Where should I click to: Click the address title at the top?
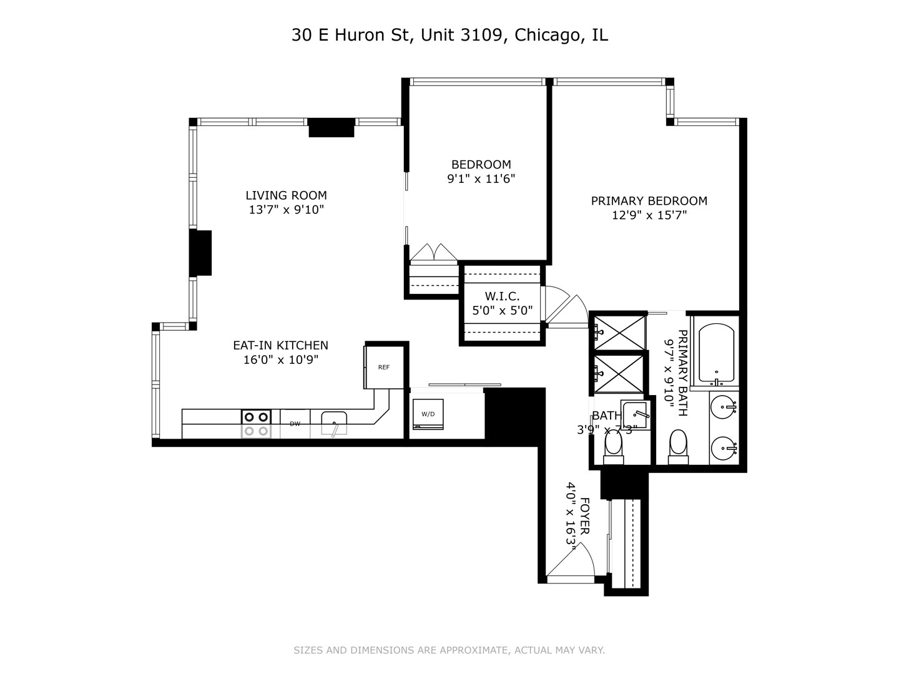[x=449, y=35]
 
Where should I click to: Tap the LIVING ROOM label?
[x=286, y=195]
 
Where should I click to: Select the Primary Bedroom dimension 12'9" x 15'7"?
[x=649, y=215]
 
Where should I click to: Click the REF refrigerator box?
[x=383, y=367]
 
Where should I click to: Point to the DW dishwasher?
[x=295, y=424]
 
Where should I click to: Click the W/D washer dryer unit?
[x=428, y=414]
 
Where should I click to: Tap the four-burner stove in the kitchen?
[x=256, y=424]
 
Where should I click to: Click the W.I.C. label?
[x=502, y=296]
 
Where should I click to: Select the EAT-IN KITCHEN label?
[x=280, y=345]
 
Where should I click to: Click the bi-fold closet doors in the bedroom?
[x=433, y=253]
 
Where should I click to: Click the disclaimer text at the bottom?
[x=449, y=650]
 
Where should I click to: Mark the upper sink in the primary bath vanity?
[x=725, y=409]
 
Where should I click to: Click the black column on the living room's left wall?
[x=201, y=253]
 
